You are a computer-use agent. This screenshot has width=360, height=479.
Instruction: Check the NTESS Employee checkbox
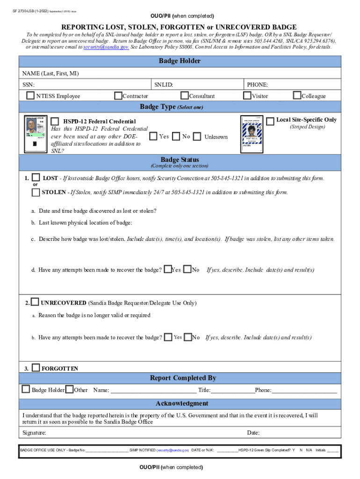(31, 96)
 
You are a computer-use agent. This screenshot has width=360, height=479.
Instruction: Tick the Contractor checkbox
(118, 96)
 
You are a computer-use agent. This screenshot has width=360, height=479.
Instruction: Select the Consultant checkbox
(185, 96)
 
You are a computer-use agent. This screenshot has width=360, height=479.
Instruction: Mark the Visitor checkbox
(247, 96)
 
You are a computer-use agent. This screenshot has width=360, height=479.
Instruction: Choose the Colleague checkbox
(297, 95)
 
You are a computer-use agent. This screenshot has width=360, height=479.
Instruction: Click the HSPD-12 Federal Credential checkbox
(55, 121)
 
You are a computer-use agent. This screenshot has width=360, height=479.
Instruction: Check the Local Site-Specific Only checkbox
(270, 121)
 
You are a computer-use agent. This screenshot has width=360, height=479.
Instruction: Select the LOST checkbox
(36, 178)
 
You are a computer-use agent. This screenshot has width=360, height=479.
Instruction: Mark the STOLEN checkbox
(36, 192)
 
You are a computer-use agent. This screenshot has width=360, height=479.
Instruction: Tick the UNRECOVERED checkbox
(35, 303)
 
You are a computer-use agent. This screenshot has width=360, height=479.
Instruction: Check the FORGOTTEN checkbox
(36, 368)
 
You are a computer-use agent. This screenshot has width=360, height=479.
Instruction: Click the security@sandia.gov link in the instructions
(106, 47)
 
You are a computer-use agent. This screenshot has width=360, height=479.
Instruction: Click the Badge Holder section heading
(180, 61)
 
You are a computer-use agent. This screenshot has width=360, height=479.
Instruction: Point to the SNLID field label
(164, 85)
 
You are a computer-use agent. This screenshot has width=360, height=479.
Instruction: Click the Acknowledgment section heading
(182, 404)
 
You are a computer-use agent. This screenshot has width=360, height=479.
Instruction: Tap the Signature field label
(34, 433)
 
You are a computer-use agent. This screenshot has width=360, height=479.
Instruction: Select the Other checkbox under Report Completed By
(69, 390)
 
